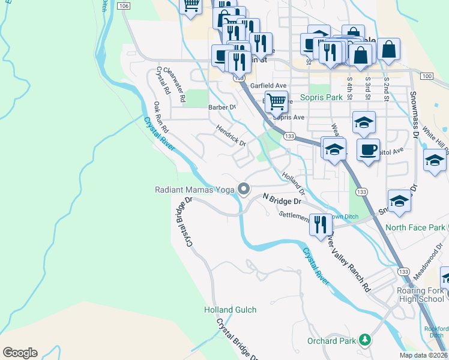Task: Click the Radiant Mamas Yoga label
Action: pos(194,190)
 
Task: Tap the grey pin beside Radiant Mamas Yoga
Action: pos(243,189)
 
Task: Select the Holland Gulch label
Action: pos(229,310)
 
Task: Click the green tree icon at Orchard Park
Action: pos(364,341)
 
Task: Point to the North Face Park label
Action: pos(415,227)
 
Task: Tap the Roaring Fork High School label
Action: pos(420,294)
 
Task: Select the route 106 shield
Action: pos(124,5)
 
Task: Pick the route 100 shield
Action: pos(427,76)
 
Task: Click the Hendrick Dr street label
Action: pos(231,136)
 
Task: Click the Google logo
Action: pos(20,353)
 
